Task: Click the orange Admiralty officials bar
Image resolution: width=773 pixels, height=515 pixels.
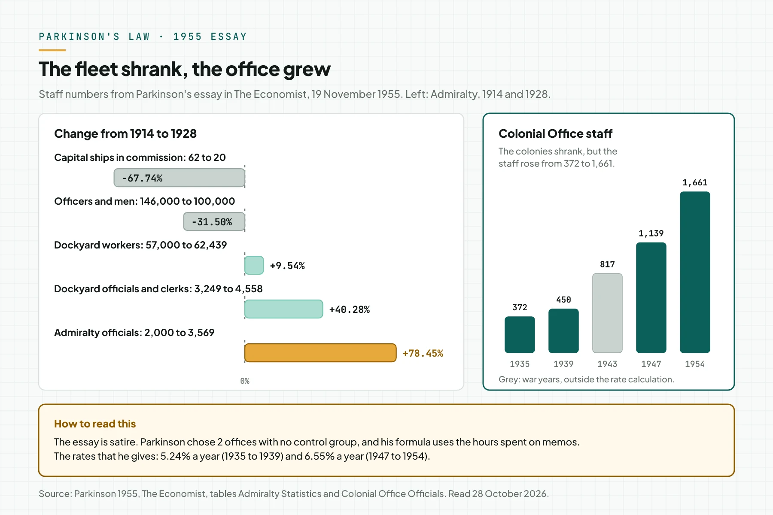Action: click(320, 353)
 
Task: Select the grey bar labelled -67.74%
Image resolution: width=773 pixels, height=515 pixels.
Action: click(180, 178)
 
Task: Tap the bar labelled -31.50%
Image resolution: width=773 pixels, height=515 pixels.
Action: click(214, 221)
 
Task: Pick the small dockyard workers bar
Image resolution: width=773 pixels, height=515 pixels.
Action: click(254, 265)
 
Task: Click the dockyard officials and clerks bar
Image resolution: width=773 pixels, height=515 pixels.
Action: click(283, 309)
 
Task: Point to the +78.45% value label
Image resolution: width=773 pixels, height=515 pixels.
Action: click(423, 353)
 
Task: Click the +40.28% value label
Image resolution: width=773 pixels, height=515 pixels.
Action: click(350, 309)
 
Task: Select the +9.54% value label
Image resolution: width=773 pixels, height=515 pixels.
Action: click(287, 266)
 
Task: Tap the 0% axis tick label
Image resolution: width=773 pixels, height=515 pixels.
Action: click(245, 381)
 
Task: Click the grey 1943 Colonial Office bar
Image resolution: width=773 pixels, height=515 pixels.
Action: click(607, 313)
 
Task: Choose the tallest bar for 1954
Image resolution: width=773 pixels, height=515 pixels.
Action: click(695, 272)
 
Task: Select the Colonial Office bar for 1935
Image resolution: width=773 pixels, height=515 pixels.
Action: click(520, 335)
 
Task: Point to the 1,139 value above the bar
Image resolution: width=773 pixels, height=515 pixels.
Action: click(651, 233)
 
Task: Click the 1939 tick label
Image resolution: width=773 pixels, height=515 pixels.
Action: click(563, 364)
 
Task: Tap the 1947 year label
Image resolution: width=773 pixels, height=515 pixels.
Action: click(651, 364)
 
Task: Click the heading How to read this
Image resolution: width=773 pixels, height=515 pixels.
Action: click(95, 424)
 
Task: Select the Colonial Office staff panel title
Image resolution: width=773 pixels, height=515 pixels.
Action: click(555, 133)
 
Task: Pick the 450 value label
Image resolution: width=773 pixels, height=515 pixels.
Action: click(563, 300)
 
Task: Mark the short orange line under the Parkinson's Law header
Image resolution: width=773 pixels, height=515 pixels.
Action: click(52, 50)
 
